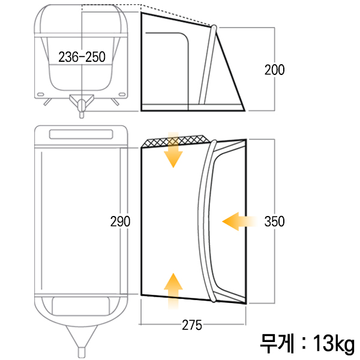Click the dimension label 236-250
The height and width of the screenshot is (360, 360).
(82, 57)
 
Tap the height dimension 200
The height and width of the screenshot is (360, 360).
(275, 70)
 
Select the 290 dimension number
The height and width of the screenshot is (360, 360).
(121, 221)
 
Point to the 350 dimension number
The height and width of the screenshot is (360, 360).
(275, 221)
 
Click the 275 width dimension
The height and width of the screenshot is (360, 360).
(192, 325)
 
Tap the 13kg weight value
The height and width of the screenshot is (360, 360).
(334, 344)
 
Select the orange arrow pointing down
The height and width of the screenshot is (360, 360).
(173, 149)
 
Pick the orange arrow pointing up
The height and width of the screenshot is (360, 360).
(173, 291)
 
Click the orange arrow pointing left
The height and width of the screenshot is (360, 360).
(239, 221)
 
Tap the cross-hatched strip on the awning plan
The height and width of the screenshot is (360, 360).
(176, 141)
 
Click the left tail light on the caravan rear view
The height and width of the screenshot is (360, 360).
(41, 94)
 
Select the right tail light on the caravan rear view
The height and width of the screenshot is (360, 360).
(122, 94)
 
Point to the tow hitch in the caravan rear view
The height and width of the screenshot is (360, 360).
(82, 104)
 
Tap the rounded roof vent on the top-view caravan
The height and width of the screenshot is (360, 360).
(81, 134)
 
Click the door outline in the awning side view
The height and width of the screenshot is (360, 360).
(167, 69)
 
